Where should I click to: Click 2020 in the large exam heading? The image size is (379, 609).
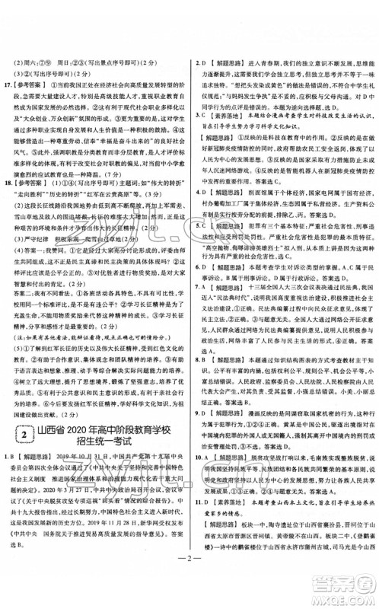click(94, 432)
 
